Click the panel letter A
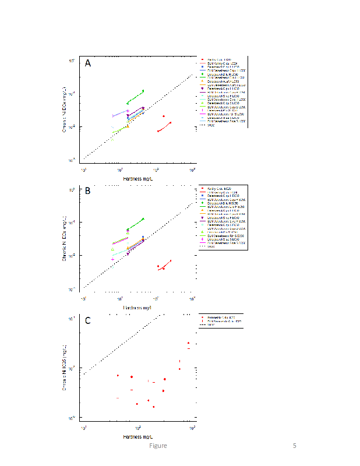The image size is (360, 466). coord(88,63)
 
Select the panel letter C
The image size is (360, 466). coord(88,320)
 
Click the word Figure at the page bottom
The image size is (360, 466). coord(157,446)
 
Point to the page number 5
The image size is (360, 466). coord(295,446)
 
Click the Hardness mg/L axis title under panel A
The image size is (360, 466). coord(138,177)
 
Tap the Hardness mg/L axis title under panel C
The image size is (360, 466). coord(138,436)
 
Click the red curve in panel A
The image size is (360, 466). coord(164,127)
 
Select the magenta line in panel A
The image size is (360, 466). coord(121,113)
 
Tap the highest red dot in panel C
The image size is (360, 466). coord(188,343)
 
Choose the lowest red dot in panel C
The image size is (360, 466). coord(153,407)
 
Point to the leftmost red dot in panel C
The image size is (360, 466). coord(118,376)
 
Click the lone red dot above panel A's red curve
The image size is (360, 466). coord(164,116)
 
